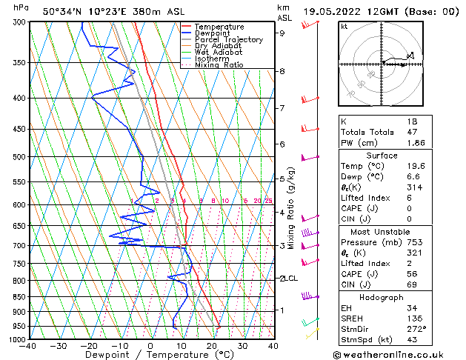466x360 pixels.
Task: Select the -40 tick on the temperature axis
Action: point(28,346)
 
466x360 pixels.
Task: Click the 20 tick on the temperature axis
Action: point(212,346)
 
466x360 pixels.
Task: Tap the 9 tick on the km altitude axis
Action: point(282,33)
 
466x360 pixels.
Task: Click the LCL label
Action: point(291,279)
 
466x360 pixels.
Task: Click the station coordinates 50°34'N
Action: point(63,11)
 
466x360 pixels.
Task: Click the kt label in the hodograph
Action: point(344,27)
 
